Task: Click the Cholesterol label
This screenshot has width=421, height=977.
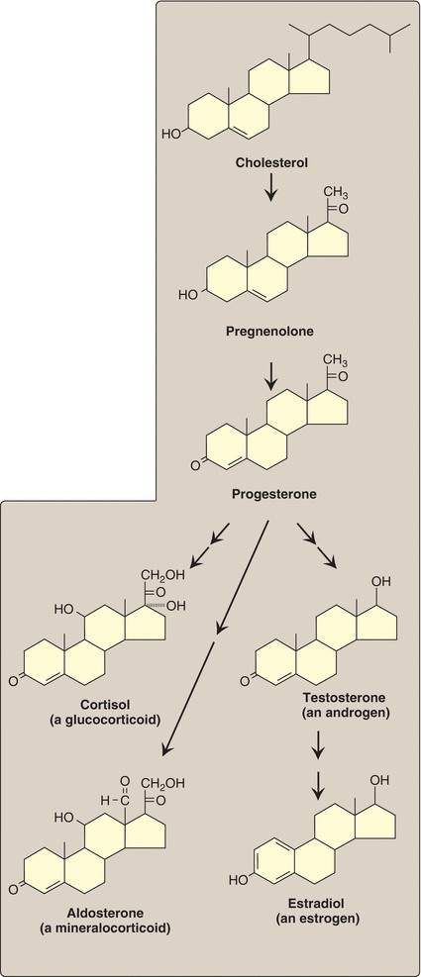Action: click(270, 164)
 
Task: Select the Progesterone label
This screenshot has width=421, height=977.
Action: click(273, 495)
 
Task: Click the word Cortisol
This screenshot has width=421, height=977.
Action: click(104, 705)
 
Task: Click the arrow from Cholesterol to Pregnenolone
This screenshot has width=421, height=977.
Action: click(269, 189)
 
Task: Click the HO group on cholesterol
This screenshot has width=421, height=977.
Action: click(171, 134)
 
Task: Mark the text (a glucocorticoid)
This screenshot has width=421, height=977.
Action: click(105, 720)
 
